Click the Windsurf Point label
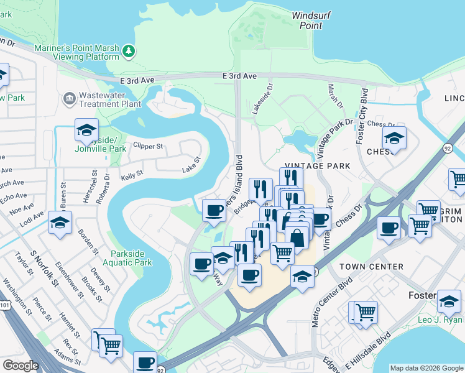click(x=307, y=21)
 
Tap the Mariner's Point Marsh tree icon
click(x=129, y=51)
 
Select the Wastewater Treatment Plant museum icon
click(x=68, y=98)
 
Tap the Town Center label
click(x=371, y=266)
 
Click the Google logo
click(x=21, y=365)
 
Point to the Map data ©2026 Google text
click(x=426, y=368)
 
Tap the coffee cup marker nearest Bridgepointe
click(x=214, y=209)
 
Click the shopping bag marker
click(x=297, y=237)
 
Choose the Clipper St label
click(x=148, y=147)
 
